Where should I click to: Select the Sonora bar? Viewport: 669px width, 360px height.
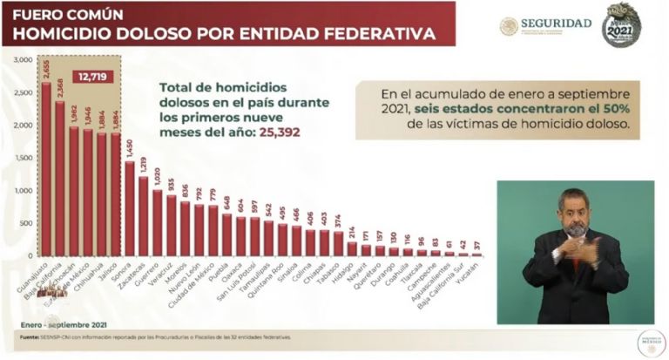click(x=130, y=209)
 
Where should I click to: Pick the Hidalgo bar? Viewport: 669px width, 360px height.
click(x=351, y=248)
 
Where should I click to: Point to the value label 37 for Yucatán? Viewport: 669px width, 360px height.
click(x=476, y=245)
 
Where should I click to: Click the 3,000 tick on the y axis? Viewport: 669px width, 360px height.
click(x=21, y=58)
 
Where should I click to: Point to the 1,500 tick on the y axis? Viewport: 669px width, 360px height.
click(x=21, y=158)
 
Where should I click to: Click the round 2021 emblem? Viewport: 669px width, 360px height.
click(x=622, y=24)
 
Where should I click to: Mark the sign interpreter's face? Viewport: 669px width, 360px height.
click(x=575, y=212)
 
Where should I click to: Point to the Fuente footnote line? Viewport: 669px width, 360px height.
click(x=157, y=336)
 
